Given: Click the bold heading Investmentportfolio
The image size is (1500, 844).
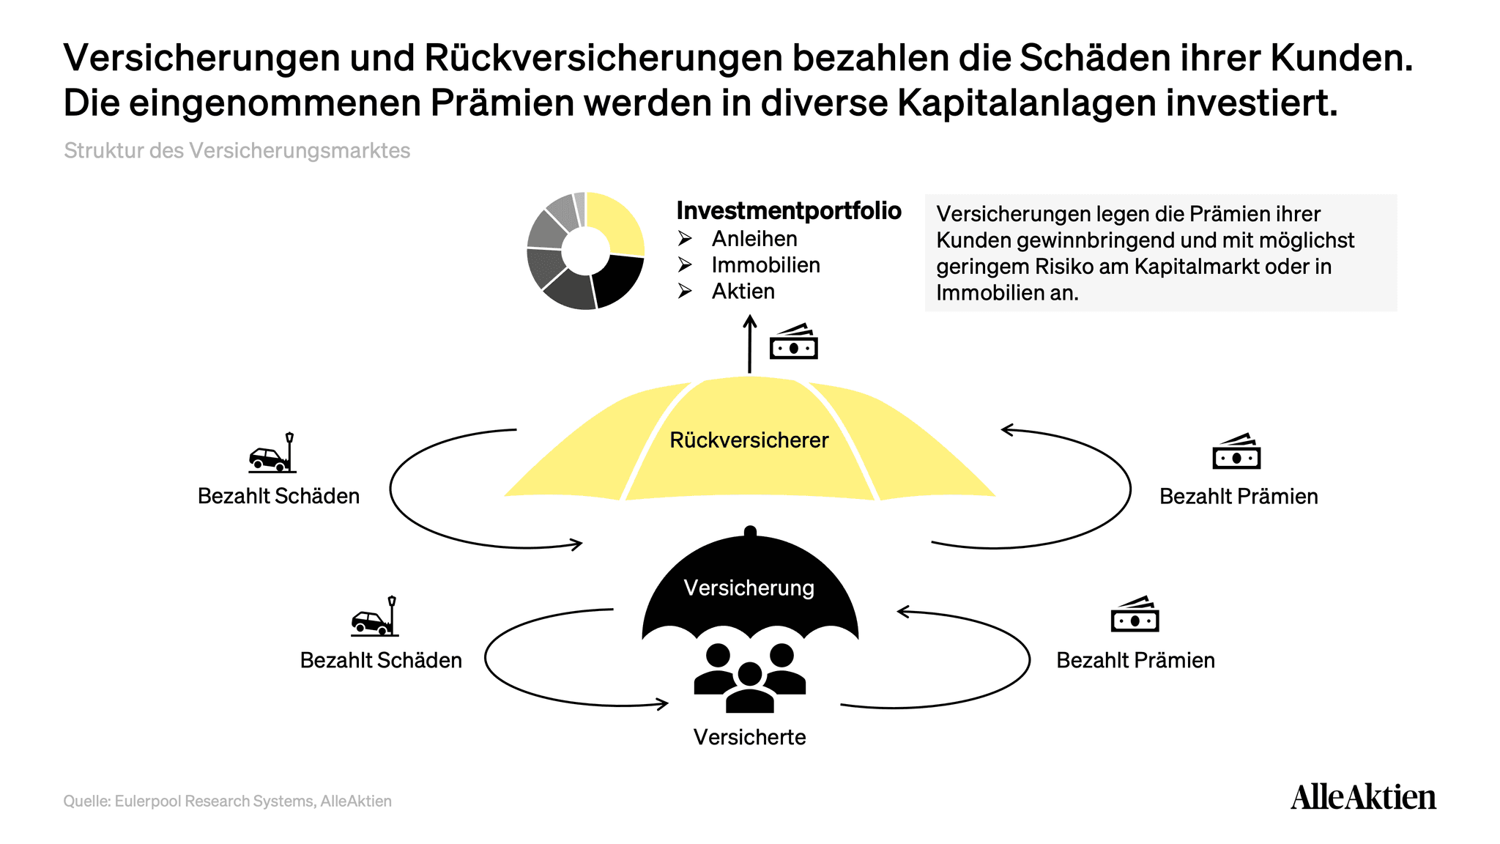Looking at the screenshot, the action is pyautogui.click(x=789, y=211).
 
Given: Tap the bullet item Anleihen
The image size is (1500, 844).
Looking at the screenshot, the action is pyautogui.click(x=754, y=239).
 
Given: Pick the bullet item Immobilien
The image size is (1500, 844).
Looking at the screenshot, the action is pyautogui.click(x=765, y=265).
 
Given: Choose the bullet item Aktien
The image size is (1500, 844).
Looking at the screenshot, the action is pyautogui.click(x=743, y=292).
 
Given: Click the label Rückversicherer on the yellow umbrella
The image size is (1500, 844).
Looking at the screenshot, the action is pyautogui.click(x=749, y=440).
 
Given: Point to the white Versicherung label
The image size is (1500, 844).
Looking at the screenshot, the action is pyautogui.click(x=749, y=588).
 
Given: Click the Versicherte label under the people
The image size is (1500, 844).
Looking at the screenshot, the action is pyautogui.click(x=749, y=737).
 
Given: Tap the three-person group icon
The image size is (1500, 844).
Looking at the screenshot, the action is pyautogui.click(x=749, y=678).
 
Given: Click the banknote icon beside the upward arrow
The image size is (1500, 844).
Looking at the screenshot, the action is pyautogui.click(x=793, y=341).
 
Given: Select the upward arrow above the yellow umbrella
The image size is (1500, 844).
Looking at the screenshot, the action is pyautogui.click(x=749, y=344).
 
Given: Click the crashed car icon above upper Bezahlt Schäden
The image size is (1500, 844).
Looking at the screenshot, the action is pyautogui.click(x=272, y=453).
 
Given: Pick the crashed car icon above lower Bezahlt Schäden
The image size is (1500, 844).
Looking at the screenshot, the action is pyautogui.click(x=375, y=616).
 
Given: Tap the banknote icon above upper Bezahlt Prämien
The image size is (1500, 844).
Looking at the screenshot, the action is pyautogui.click(x=1236, y=451).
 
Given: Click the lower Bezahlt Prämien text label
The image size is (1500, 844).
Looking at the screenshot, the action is pyautogui.click(x=1135, y=661).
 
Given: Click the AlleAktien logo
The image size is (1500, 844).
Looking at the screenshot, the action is pyautogui.click(x=1363, y=797).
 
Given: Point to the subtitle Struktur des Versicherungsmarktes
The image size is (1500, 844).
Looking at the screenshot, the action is pyautogui.click(x=237, y=151).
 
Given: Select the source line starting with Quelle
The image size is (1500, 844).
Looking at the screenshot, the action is pyautogui.click(x=228, y=802).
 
